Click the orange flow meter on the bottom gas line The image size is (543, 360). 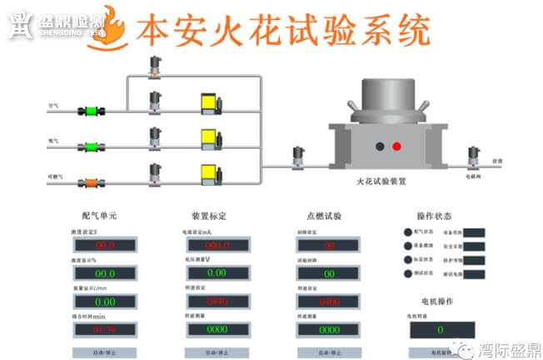[x=90, y=177]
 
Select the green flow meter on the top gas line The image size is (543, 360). [x=90, y=109]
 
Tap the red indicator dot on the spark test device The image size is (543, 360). [x=397, y=146]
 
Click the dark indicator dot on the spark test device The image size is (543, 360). [x=380, y=146]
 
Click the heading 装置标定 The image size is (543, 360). [x=208, y=215]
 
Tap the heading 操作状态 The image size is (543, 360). [x=433, y=215]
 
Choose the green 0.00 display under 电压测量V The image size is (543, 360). [x=216, y=272]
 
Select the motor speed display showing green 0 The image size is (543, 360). [x=441, y=330]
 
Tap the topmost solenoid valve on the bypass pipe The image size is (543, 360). [x=154, y=67]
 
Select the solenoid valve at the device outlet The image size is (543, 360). [x=475, y=156]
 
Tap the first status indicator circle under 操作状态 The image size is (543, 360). [x=408, y=232]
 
